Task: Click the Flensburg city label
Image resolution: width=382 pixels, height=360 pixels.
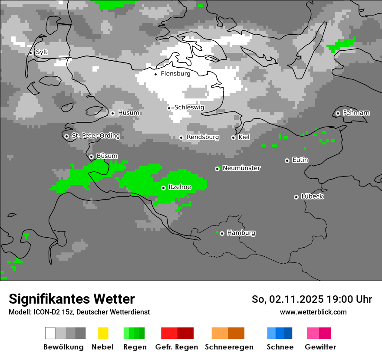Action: (x=175, y=74)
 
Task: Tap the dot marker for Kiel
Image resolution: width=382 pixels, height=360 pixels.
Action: (x=233, y=137)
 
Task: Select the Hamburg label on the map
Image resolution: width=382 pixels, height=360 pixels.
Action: (x=241, y=233)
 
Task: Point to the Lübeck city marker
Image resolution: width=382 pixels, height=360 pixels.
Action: (x=296, y=197)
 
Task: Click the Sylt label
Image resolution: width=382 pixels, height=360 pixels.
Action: (x=42, y=52)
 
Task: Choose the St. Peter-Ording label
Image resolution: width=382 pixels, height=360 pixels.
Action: (x=95, y=136)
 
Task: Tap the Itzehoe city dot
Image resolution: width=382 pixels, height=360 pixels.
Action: (x=163, y=188)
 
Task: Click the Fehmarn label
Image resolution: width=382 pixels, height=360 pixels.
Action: (x=356, y=113)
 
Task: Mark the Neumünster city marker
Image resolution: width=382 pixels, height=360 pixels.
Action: (x=217, y=169)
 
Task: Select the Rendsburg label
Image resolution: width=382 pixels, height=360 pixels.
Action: (x=203, y=137)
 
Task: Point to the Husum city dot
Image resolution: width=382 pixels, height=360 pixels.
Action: (x=112, y=113)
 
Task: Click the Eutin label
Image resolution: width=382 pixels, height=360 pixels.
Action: (x=300, y=160)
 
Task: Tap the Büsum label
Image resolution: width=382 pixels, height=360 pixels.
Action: (x=107, y=156)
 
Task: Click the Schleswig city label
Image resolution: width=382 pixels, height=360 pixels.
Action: (x=189, y=107)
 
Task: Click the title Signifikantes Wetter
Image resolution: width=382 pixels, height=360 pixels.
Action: (x=72, y=299)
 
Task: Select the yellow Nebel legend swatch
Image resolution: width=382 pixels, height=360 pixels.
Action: (x=103, y=333)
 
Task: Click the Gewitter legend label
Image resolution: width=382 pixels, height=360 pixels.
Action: (x=320, y=347)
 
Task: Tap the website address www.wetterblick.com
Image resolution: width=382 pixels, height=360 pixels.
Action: (x=313, y=312)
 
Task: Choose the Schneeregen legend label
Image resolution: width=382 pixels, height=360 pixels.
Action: (x=229, y=347)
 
